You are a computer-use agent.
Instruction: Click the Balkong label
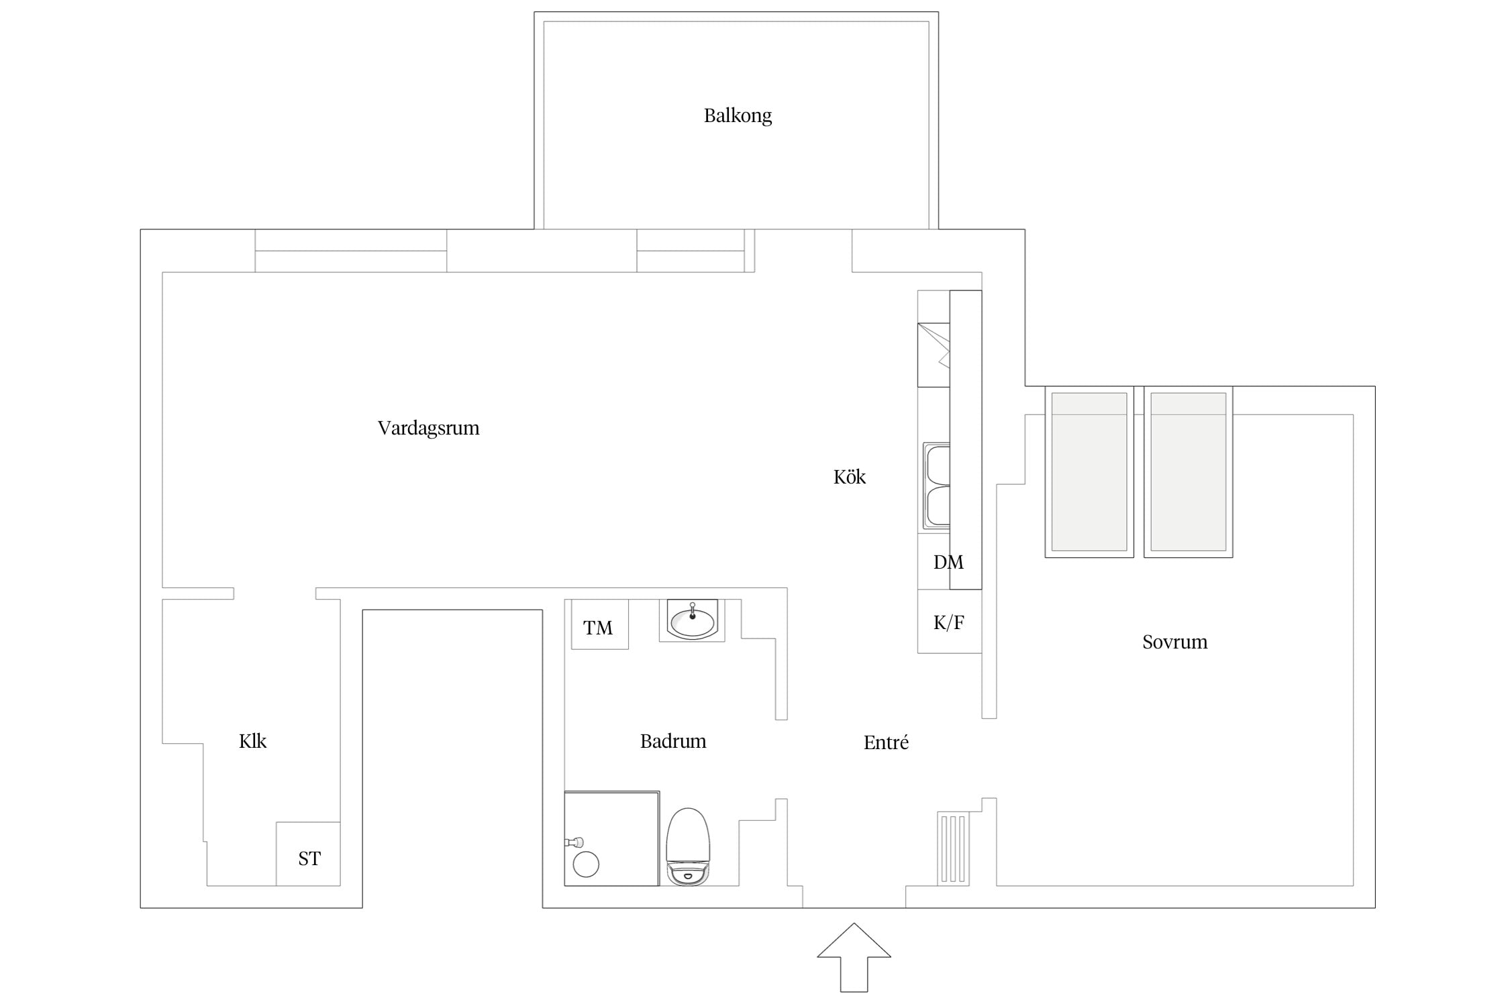pyautogui.click(x=738, y=116)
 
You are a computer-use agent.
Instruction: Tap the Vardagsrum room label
pyautogui.click(x=428, y=428)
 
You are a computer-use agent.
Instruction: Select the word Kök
pyautogui.click(x=850, y=477)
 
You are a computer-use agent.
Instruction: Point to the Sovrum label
pyautogui.click(x=1174, y=642)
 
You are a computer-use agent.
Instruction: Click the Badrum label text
pyautogui.click(x=673, y=741)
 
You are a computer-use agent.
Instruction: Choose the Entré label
pyautogui.click(x=886, y=742)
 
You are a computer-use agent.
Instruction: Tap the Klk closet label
pyautogui.click(x=253, y=741)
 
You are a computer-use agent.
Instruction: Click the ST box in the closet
pyautogui.click(x=309, y=854)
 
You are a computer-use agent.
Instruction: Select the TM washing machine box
pyautogui.click(x=600, y=624)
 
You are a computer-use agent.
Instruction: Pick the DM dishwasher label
pyautogui.click(x=948, y=562)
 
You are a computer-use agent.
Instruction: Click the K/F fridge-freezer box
pyautogui.click(x=950, y=622)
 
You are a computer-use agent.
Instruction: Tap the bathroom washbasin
pyautogui.click(x=692, y=620)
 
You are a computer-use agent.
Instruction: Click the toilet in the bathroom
pyautogui.click(x=688, y=846)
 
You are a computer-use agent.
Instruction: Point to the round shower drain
pyautogui.click(x=586, y=864)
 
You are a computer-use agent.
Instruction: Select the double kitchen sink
pyautogui.click(x=937, y=485)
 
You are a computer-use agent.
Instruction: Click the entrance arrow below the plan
pyautogui.click(x=854, y=957)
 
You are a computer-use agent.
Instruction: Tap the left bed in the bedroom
pyautogui.click(x=1089, y=471)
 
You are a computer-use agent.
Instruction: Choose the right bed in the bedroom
pyautogui.click(x=1189, y=471)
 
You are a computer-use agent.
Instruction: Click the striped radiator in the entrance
pyautogui.click(x=954, y=848)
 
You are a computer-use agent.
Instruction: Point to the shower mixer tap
pyautogui.click(x=574, y=842)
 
